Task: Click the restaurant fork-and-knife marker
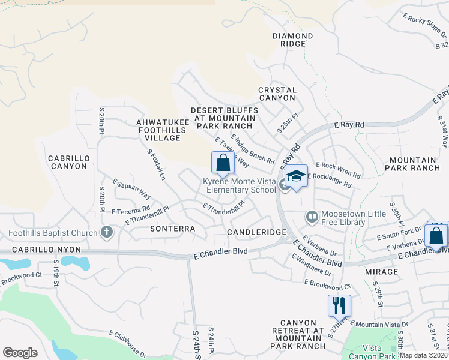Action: coord(339,305)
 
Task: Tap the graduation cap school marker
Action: coord(296,176)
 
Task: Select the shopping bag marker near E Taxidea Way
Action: coord(223,163)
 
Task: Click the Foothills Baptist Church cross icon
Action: coord(107,232)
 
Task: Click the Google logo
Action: coord(20,352)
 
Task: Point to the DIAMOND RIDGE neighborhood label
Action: coord(292,40)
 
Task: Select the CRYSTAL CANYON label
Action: coord(277,94)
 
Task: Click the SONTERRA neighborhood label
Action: coord(173,229)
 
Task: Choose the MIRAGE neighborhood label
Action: coord(381,272)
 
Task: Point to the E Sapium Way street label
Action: coord(131,188)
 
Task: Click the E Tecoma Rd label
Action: coord(131,210)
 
